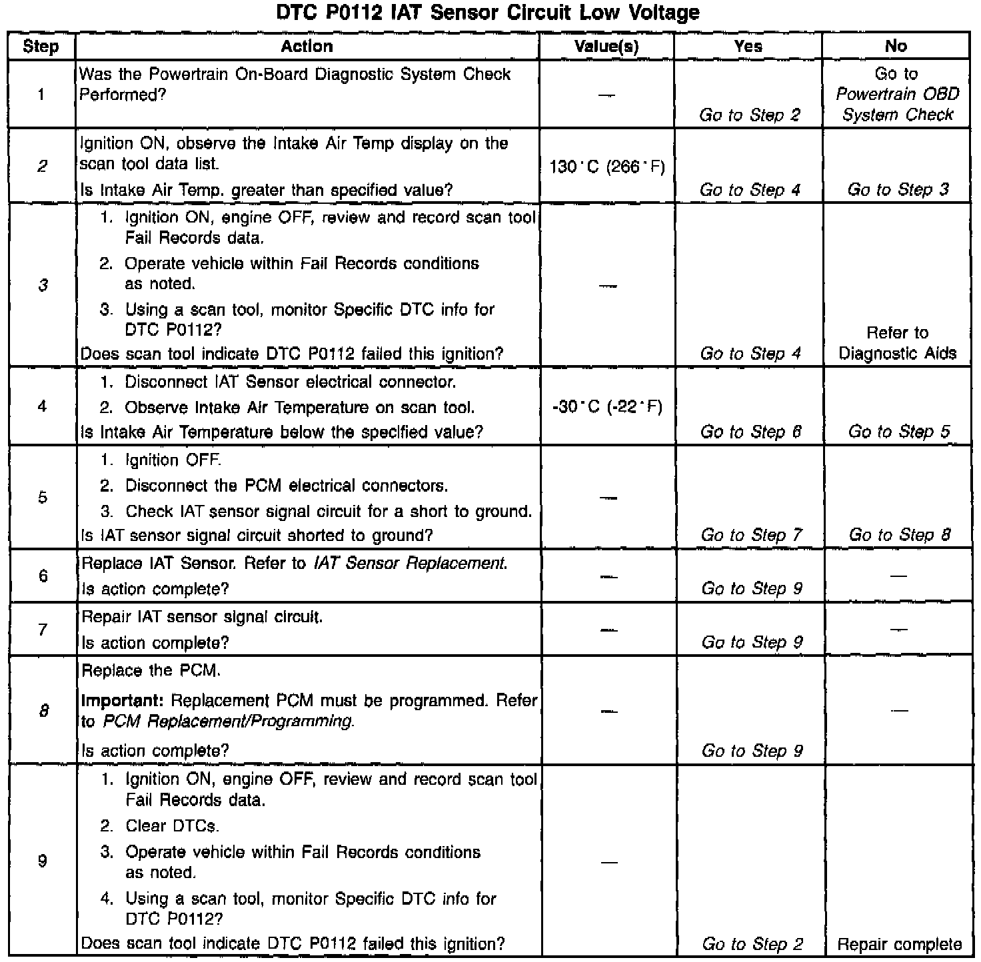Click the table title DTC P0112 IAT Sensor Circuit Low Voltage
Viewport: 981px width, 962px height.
(487, 13)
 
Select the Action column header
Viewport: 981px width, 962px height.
(307, 46)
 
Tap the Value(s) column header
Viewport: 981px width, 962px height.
(606, 46)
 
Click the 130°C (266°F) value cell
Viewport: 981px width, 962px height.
(607, 167)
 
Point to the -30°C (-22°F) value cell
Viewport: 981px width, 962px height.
(607, 406)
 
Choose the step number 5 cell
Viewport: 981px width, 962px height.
(43, 498)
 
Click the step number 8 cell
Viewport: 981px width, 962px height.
(43, 711)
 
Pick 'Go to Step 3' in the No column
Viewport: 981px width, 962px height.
(898, 190)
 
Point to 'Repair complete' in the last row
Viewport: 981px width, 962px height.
(899, 944)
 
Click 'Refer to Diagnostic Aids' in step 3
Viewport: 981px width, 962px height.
(897, 343)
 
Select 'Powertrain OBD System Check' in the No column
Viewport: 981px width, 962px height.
(897, 104)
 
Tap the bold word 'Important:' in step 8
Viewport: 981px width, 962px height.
(123, 701)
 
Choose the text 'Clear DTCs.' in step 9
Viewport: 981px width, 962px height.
(172, 826)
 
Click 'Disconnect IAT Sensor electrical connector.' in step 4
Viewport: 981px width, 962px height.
(290, 382)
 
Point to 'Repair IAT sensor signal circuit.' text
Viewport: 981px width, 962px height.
(202, 618)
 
